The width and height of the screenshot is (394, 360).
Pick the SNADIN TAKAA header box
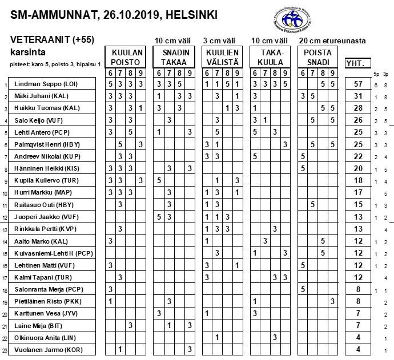point(174,57)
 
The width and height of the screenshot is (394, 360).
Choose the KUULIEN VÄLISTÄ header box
point(222,57)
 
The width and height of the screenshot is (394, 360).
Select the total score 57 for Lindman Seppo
point(358,84)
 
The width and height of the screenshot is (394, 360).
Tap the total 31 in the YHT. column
point(358,96)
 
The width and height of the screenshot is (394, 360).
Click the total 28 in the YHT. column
point(358,108)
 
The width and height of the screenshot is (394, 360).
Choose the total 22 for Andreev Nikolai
point(358,157)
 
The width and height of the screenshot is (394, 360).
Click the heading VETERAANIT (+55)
point(52,41)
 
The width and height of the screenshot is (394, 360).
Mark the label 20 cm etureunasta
point(332,41)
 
